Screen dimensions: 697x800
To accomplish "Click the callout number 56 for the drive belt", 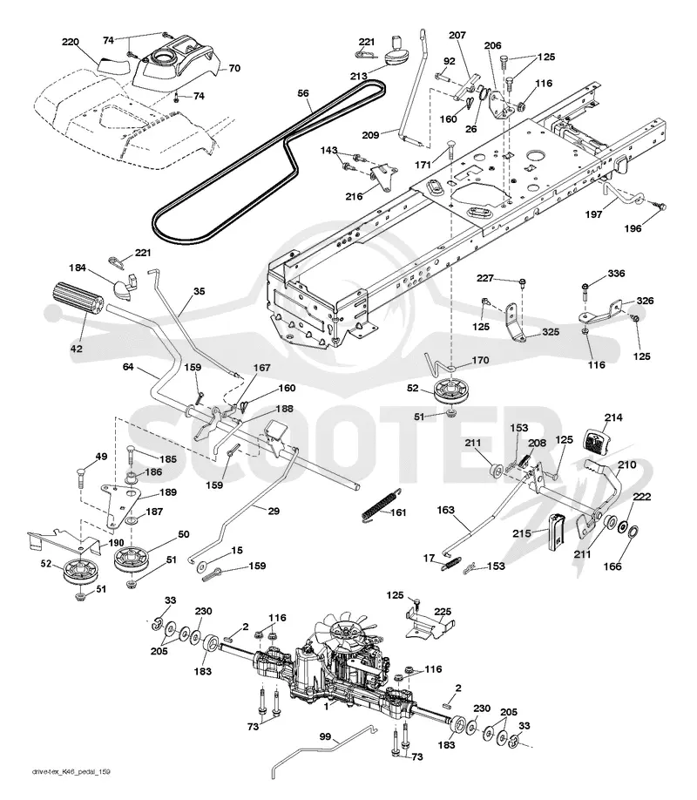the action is coord(303,93).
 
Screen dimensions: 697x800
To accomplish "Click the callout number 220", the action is coord(71,42).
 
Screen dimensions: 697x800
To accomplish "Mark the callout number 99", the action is coord(324,737).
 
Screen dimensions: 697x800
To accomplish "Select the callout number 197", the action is coord(593,214).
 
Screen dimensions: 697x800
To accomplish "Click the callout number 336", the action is coord(616,274).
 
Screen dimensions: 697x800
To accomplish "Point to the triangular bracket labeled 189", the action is coord(119,504).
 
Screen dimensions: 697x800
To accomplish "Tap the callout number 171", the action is coord(423,165).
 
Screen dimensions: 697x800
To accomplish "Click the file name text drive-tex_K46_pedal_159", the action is coord(71,772).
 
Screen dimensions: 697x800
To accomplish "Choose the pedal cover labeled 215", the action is coord(556,532).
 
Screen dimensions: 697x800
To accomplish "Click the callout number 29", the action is coord(274,511).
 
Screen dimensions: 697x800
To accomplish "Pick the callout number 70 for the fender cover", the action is coord(234,68).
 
